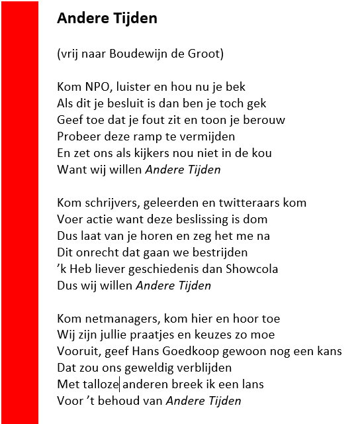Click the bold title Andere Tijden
(107, 19)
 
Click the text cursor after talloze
(119, 384)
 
